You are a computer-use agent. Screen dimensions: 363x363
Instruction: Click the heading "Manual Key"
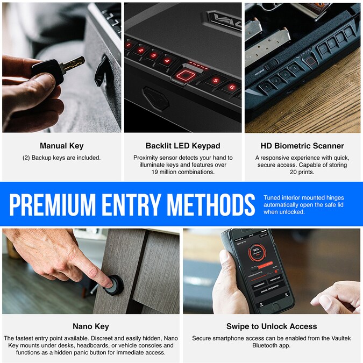(x=61, y=146)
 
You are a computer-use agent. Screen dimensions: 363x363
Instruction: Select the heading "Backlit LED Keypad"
(x=183, y=146)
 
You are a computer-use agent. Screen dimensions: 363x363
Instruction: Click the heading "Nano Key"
(x=91, y=326)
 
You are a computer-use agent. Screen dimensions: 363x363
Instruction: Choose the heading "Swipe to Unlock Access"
(x=272, y=326)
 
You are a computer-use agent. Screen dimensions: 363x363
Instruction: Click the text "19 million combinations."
(x=182, y=172)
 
